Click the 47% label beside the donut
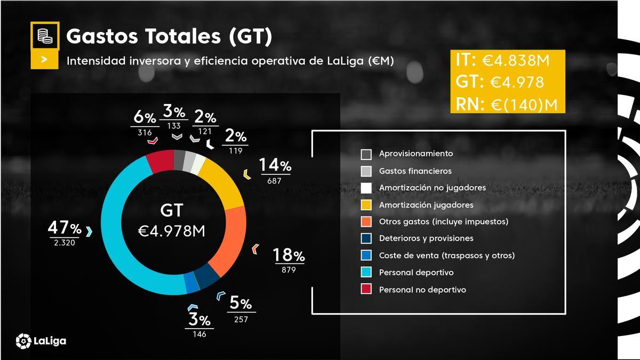pos(65,228)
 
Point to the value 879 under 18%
pos(289,270)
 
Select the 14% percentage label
pos(275,165)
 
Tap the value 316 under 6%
pos(145,132)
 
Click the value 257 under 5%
pos(241,319)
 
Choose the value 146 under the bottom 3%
pos(199,334)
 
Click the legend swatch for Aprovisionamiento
pos(366,154)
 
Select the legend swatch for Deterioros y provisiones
pos(366,239)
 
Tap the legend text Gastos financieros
pos(415,171)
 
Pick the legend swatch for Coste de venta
pos(366,256)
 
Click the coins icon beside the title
pos(45,36)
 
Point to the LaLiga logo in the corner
pos(41,340)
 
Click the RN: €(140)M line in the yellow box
pos(506,104)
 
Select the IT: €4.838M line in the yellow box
pos(502,60)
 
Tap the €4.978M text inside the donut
pos(171,231)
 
